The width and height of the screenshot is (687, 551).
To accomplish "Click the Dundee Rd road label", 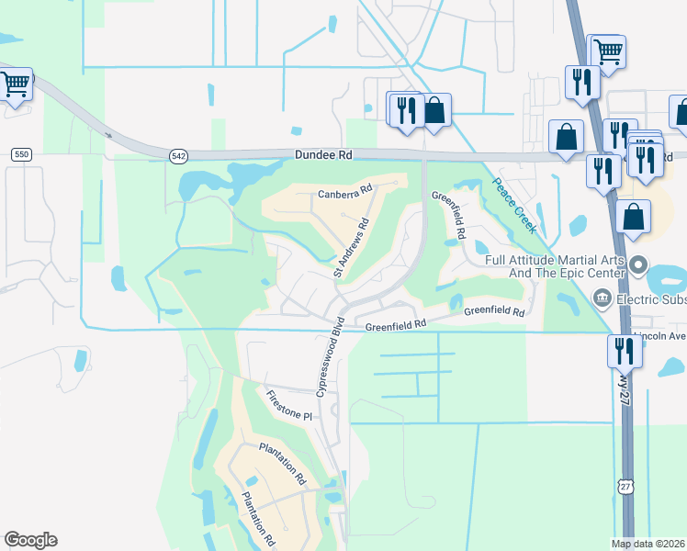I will [x=322, y=156].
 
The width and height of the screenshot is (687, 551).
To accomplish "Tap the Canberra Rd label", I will [x=343, y=193].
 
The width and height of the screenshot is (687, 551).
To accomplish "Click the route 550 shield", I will [x=22, y=154].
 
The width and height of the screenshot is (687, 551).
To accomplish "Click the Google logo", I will [x=30, y=540].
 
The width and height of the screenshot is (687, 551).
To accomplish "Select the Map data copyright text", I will [x=648, y=544].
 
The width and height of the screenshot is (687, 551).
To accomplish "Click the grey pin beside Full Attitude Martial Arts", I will [x=639, y=264].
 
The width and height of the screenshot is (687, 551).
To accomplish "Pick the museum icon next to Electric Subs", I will [x=603, y=297].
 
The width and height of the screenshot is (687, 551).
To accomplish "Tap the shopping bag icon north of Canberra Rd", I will [x=434, y=109].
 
